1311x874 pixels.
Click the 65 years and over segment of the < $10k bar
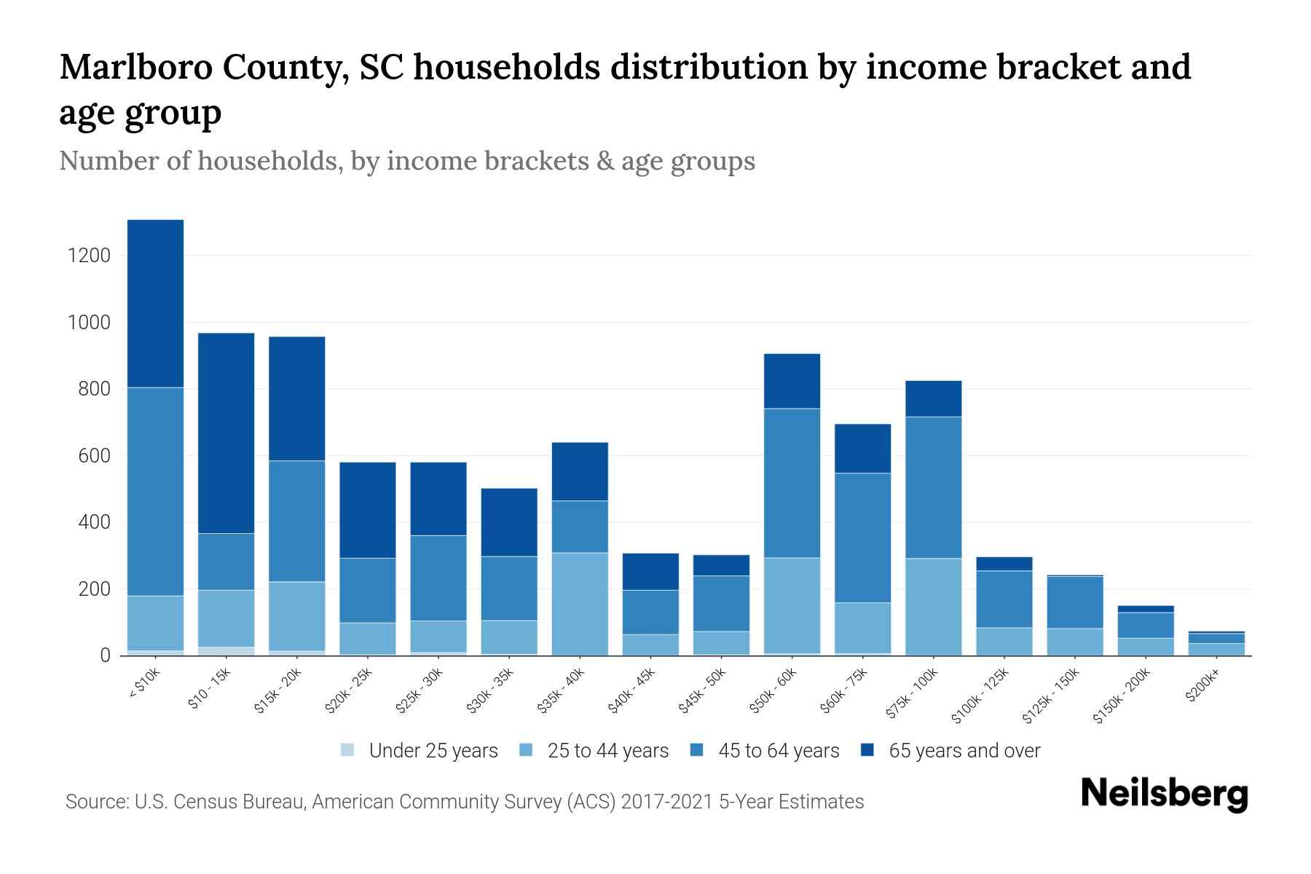(x=155, y=303)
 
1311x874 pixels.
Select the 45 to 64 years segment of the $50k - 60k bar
(x=792, y=483)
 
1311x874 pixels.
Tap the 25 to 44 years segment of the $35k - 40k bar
(x=580, y=604)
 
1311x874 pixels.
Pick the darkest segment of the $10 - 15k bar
(x=226, y=433)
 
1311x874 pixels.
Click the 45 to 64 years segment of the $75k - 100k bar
(x=933, y=487)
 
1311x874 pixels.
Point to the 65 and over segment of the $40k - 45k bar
(x=650, y=571)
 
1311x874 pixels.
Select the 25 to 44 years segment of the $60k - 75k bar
(x=862, y=627)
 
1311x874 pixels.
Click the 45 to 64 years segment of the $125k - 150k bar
(x=1074, y=602)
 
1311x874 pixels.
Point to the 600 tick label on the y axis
(x=95, y=456)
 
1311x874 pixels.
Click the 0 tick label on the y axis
(x=105, y=655)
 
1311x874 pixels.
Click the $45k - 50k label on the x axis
(x=703, y=692)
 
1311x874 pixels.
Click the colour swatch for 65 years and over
(x=867, y=750)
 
